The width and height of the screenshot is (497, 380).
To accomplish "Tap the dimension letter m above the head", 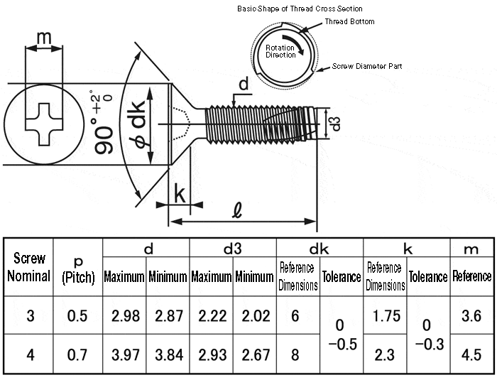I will (x=43, y=37).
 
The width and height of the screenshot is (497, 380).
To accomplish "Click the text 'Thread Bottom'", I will (x=349, y=22).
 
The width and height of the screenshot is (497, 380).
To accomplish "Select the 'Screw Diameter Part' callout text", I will (x=367, y=66).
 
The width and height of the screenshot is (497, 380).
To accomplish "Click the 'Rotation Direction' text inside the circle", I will (x=280, y=51).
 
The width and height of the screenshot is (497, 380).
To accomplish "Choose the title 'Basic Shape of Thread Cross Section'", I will (x=300, y=9).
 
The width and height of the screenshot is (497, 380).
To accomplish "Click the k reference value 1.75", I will (x=386, y=316).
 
